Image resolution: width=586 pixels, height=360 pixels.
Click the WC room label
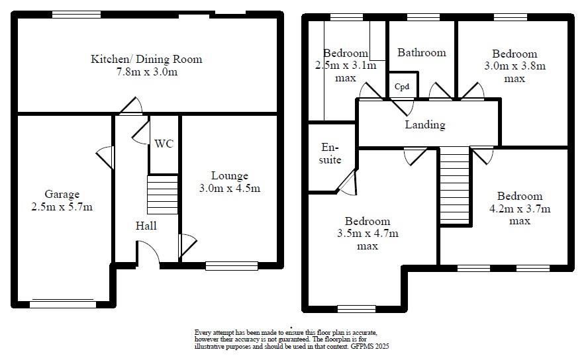(x=164, y=144)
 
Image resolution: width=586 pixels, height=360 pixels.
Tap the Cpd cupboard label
(x=402, y=87)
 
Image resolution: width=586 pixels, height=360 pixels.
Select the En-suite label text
(x=330, y=154)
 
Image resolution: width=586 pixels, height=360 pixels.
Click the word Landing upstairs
(x=425, y=124)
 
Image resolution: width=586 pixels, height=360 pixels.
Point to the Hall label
(x=146, y=226)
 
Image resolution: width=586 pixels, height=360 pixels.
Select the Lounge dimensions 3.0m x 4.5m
(x=230, y=188)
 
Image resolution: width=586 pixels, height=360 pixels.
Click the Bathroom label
(x=422, y=52)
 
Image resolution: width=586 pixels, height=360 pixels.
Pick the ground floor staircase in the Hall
(x=162, y=195)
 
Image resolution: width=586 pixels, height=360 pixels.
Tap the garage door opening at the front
(x=62, y=304)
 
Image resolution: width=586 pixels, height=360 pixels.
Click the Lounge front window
(x=231, y=266)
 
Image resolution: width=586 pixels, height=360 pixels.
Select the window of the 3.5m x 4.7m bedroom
(x=356, y=308)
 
